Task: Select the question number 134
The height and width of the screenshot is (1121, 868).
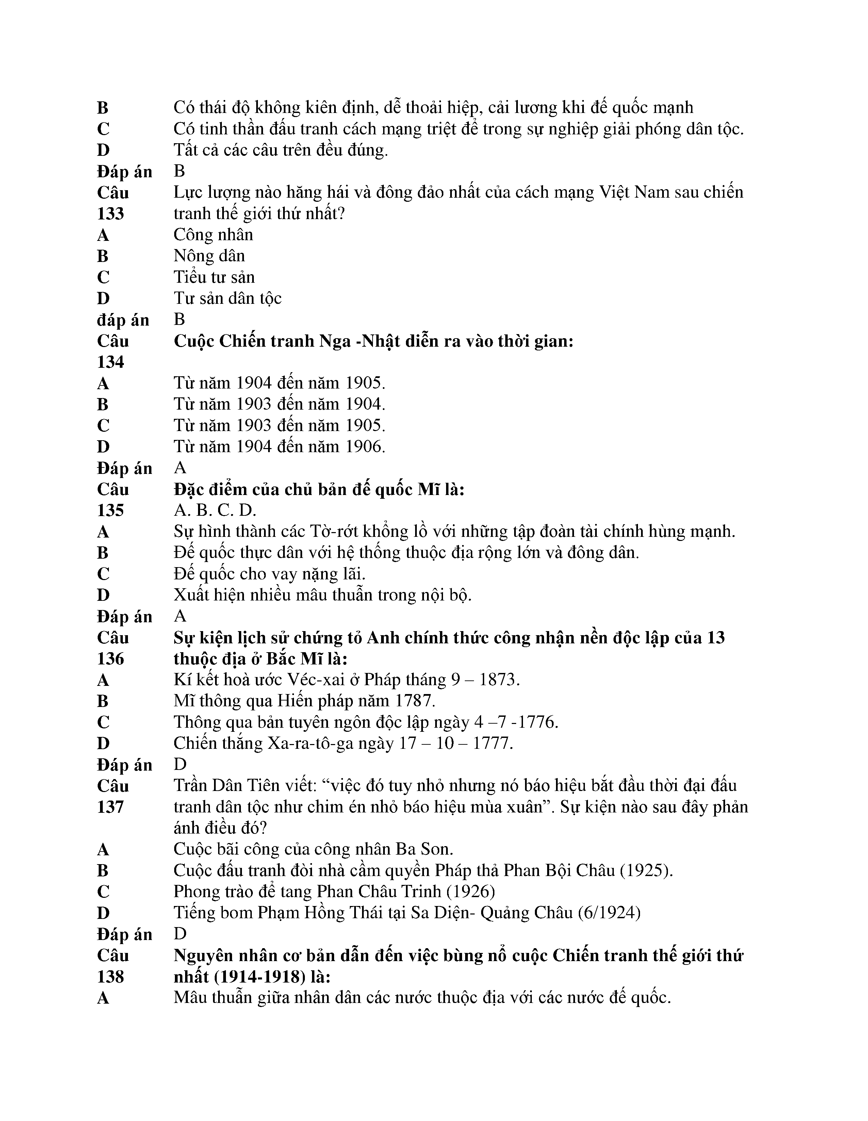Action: coord(110,362)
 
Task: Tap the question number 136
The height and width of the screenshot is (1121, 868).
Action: coord(110,659)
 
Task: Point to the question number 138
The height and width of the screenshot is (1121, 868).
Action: coord(110,976)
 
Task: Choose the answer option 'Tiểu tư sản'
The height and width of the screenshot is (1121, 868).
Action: coord(214,277)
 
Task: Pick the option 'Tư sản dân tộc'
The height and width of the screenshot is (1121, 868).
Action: coord(227,298)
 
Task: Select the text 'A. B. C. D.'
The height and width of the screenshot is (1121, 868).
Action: coord(215,510)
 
